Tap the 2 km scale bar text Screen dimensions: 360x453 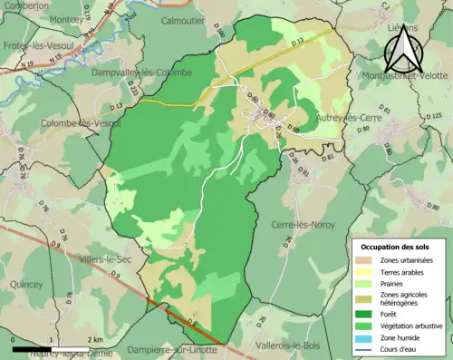95,339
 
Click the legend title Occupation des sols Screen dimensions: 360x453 396,247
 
